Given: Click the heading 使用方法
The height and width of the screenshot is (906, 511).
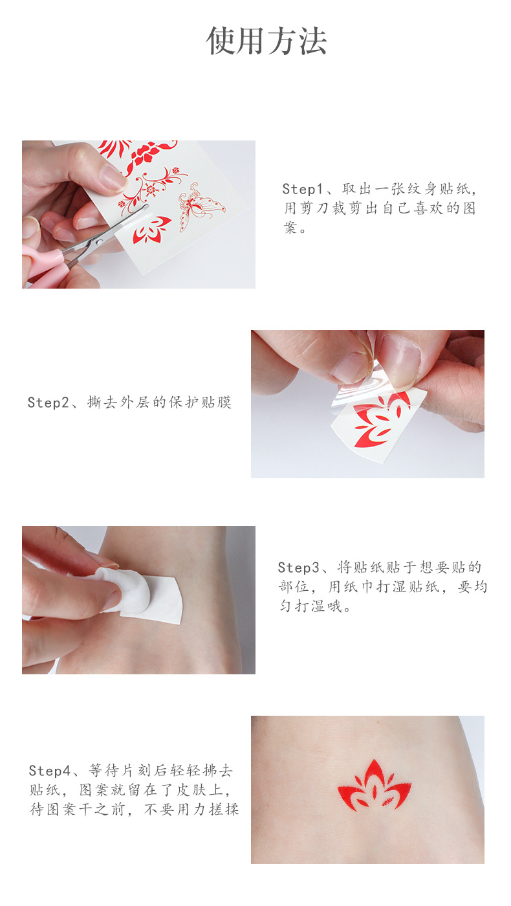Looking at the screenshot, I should [266, 41].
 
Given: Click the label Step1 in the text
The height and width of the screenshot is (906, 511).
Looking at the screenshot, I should [302, 190].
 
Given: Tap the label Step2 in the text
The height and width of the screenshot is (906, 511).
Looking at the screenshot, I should [47, 403].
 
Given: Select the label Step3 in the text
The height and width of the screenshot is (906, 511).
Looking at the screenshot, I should [298, 568].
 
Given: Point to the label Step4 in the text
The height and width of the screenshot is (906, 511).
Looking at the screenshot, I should [49, 771].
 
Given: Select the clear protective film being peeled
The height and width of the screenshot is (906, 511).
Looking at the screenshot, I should [353, 388].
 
